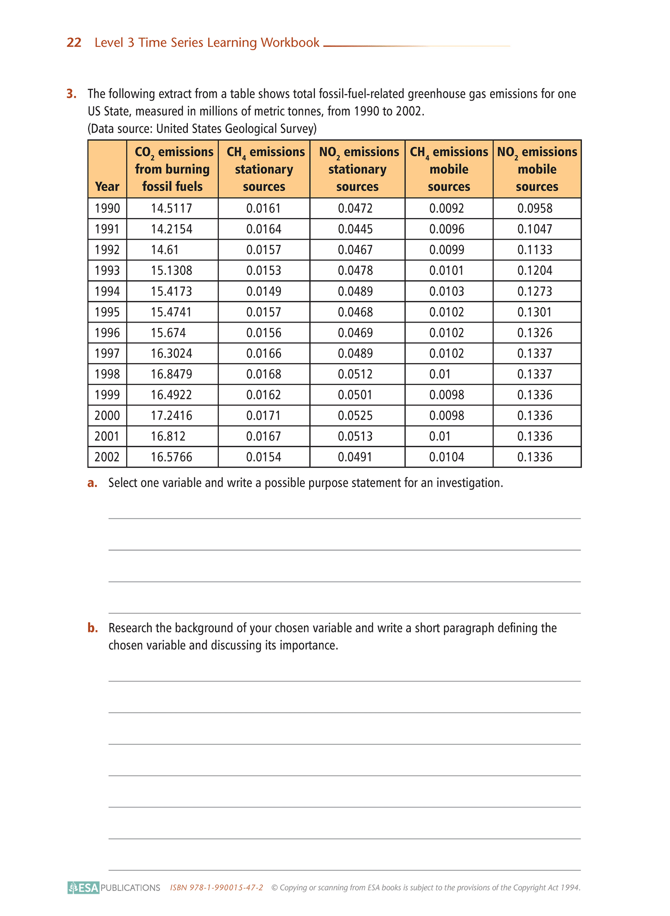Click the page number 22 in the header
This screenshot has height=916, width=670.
pos(74,43)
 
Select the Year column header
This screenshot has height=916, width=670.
pos(107,186)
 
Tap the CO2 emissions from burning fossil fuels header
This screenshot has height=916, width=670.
pos(172,169)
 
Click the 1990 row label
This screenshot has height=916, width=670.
pos(107,208)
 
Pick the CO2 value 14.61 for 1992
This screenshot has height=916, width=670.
pos(165,250)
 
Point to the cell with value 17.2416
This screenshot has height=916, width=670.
pos(172,416)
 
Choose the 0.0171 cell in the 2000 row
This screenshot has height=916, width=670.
pos(263,416)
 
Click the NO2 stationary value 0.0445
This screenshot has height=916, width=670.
pos(355,229)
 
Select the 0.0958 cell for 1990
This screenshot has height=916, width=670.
pos(535,208)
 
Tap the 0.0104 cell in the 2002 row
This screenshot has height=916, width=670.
pos(447,457)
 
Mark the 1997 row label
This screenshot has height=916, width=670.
pos(107,354)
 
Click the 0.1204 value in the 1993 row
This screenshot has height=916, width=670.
pos(535,271)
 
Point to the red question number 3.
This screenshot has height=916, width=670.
pos(71,94)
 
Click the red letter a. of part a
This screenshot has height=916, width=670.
pos(92,483)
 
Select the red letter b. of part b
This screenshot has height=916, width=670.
pos(92,628)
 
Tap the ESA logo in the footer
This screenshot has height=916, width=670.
pos(83,888)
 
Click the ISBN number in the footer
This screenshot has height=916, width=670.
pos(217,888)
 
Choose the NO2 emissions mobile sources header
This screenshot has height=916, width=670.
pos(537,169)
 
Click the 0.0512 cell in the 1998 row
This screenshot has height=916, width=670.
pos(355,374)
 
